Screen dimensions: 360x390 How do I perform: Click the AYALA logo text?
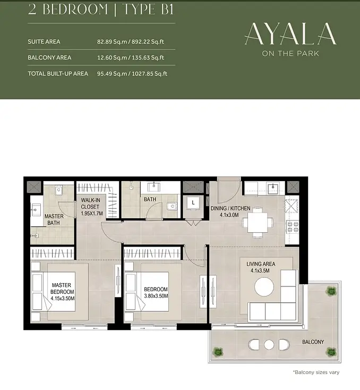click(290, 34)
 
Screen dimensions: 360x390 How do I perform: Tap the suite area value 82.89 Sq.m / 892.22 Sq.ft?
click(131, 41)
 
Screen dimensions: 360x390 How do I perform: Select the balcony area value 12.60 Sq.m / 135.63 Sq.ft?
click(131, 57)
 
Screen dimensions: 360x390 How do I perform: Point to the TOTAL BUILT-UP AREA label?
click(58, 74)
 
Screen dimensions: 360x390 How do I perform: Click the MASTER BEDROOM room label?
click(62, 289)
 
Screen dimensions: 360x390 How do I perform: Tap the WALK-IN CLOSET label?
click(90, 203)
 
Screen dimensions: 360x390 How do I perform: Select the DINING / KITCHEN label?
click(230, 208)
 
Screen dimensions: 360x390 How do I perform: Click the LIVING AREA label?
click(261, 264)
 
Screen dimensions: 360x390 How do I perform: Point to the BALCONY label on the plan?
click(313, 342)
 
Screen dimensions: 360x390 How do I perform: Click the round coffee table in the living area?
click(264, 286)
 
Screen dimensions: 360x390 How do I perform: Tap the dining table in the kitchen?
click(258, 223)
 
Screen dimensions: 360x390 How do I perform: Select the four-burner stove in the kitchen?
click(293, 227)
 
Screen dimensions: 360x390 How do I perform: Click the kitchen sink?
click(273, 186)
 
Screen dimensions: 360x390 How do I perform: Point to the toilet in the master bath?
click(59, 191)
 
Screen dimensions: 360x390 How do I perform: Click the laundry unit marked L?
click(193, 203)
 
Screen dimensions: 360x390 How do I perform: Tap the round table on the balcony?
click(269, 345)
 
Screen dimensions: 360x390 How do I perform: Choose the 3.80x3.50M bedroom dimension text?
click(156, 296)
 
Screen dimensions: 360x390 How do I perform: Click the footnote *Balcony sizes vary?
click(316, 372)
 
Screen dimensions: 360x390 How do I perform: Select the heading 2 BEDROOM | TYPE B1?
click(100, 10)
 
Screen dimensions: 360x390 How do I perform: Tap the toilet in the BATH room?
click(172, 206)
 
